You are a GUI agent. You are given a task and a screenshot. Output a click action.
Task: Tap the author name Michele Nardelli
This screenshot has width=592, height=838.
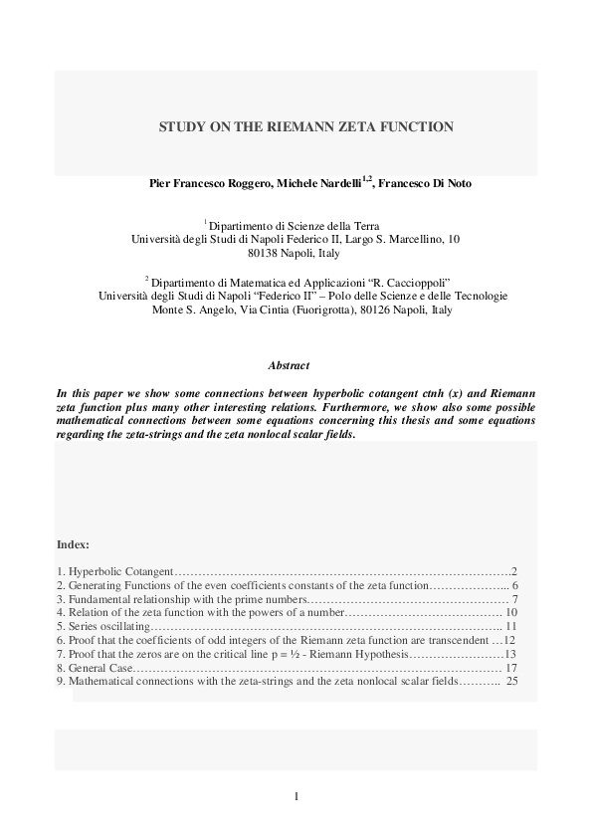tap(320, 184)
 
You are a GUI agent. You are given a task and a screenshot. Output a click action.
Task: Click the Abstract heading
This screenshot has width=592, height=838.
tap(296, 366)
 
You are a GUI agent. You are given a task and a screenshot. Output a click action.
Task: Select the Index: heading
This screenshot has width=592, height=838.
tap(74, 544)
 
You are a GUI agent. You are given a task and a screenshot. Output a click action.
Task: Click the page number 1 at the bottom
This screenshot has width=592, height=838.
tap(296, 795)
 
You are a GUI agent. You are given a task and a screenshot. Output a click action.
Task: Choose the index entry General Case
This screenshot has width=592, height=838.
tap(95, 669)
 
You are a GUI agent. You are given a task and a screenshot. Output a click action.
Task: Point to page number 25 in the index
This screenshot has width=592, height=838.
tap(511, 683)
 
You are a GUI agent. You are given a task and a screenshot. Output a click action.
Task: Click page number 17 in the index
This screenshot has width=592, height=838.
tap(511, 669)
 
